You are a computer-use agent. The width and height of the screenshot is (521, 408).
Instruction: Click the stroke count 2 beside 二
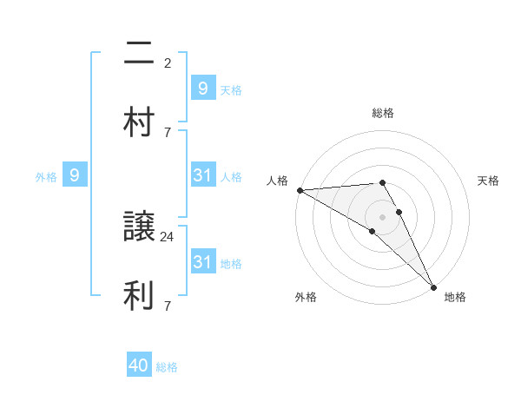(167, 63)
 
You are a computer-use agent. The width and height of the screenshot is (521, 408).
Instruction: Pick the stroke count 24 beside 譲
(168, 236)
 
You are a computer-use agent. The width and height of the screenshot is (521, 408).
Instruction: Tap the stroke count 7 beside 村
(167, 132)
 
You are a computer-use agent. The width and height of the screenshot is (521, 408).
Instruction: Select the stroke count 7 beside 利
(167, 306)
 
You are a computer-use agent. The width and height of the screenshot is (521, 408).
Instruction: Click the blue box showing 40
(139, 366)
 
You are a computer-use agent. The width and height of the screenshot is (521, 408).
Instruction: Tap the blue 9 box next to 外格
(75, 175)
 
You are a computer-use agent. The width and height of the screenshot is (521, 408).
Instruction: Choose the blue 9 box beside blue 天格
(202, 88)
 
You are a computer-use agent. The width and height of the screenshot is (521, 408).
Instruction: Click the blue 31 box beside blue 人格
(202, 175)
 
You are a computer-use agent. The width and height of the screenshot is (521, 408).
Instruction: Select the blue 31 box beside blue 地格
(202, 261)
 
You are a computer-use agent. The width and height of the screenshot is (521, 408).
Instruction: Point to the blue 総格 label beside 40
(167, 367)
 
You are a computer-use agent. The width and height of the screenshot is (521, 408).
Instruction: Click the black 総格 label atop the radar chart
(382, 113)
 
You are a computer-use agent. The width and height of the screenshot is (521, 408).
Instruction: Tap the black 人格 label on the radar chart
(277, 181)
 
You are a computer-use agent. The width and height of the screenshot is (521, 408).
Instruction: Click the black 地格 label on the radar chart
(455, 297)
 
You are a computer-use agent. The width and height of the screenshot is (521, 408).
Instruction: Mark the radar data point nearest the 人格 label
(300, 190)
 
